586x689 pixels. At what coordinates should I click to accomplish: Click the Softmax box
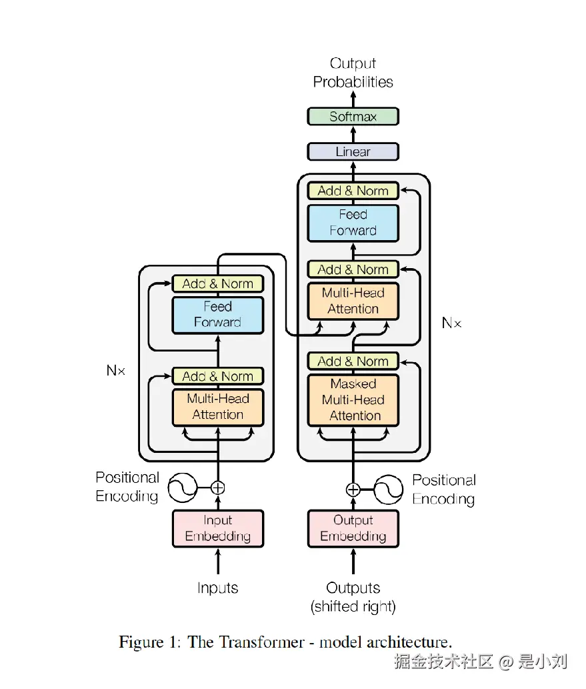(x=353, y=117)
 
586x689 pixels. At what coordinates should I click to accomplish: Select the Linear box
(x=353, y=151)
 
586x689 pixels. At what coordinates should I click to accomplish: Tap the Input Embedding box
(x=218, y=528)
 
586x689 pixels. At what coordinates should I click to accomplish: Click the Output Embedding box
(x=353, y=528)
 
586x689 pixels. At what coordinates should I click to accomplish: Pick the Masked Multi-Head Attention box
(x=353, y=400)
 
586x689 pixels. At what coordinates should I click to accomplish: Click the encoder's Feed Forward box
(x=218, y=315)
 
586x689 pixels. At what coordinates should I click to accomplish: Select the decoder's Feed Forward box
(x=353, y=223)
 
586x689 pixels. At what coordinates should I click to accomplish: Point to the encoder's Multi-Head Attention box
(x=218, y=407)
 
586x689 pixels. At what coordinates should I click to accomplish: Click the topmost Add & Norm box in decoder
(x=353, y=191)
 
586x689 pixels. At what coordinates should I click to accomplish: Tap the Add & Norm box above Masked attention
(x=353, y=362)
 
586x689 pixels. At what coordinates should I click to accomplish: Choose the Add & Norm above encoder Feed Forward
(x=218, y=283)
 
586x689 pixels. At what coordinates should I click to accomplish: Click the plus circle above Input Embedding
(x=218, y=488)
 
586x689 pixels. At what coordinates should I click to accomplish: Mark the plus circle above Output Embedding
(x=353, y=490)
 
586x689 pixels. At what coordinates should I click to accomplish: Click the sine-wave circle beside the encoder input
(x=181, y=488)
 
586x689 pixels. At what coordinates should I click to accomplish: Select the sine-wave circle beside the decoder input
(x=389, y=490)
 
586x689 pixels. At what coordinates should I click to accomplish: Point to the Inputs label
(x=218, y=588)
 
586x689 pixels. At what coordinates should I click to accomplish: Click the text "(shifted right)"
(x=353, y=607)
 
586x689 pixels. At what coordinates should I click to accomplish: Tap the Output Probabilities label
(x=353, y=73)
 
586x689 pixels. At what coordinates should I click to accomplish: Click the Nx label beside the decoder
(x=451, y=323)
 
